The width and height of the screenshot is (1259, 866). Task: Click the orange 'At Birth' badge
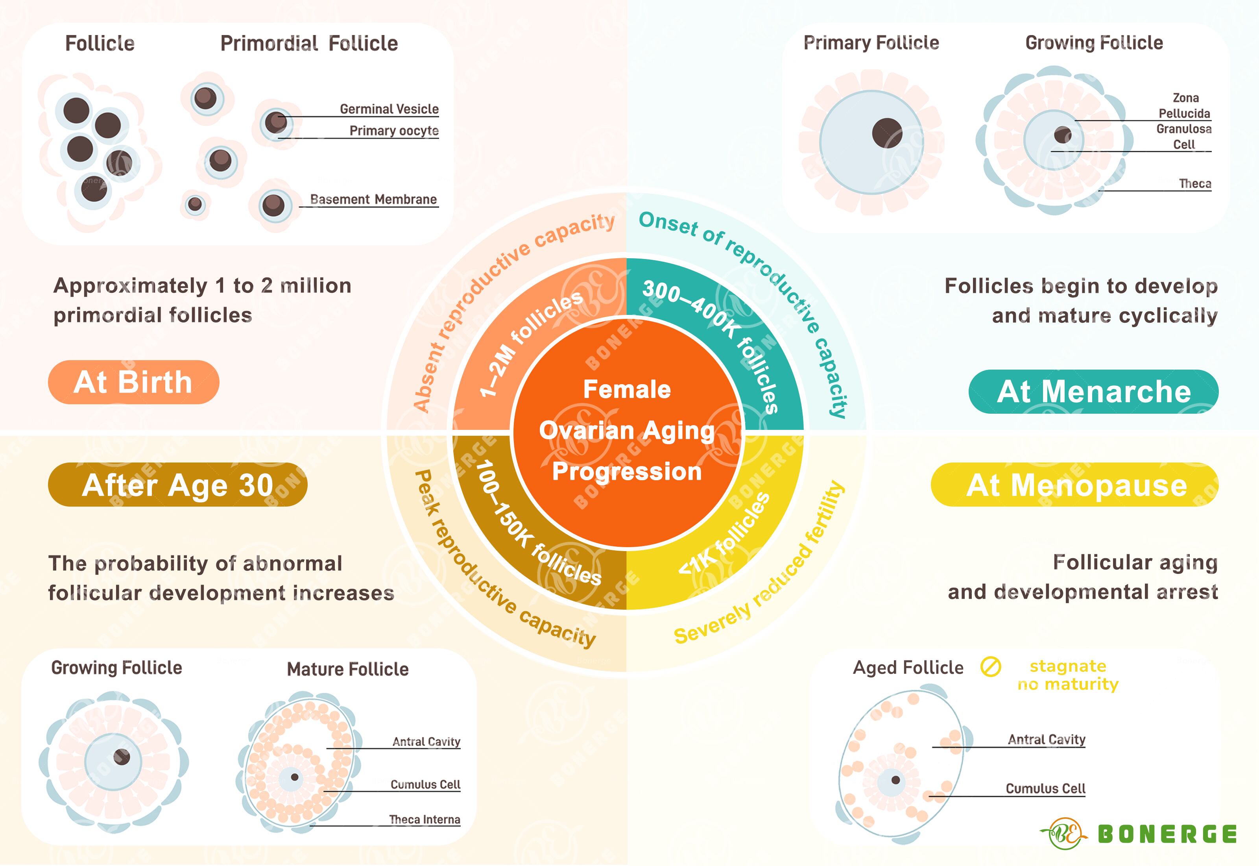coord(133,382)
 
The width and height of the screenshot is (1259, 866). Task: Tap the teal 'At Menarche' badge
coord(1093,391)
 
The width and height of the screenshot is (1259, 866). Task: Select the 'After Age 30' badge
coord(177,485)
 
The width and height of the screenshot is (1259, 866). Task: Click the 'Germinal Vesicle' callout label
coord(389,109)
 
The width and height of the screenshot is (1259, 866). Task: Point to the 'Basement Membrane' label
coord(373,199)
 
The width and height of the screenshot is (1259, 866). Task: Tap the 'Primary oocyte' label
coord(394,131)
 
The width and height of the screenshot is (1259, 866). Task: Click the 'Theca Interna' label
coord(424,819)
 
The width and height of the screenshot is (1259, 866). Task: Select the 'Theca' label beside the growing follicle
coord(1194,183)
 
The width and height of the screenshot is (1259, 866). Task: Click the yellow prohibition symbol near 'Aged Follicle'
coord(990,666)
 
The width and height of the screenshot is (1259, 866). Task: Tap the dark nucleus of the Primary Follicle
coord(887,133)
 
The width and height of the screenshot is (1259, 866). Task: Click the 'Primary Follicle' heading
coord(871,43)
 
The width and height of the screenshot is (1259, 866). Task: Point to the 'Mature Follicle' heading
coord(347,669)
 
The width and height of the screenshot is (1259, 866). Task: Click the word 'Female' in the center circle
coord(627,389)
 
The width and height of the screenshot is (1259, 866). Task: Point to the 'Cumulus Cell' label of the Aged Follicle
coord(1045,788)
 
